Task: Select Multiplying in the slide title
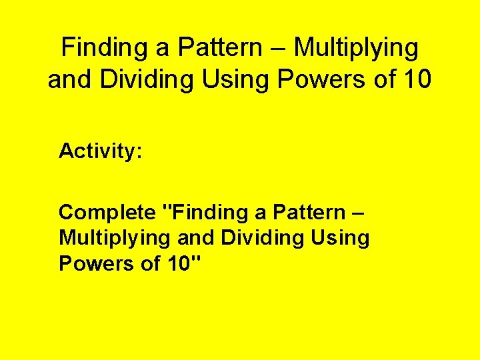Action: [357, 48]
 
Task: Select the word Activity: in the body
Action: [100, 151]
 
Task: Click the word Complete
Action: [107, 213]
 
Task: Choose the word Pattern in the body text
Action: [303, 213]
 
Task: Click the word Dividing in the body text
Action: [256, 238]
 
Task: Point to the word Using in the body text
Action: [339, 238]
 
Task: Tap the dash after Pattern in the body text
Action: [357, 213]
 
